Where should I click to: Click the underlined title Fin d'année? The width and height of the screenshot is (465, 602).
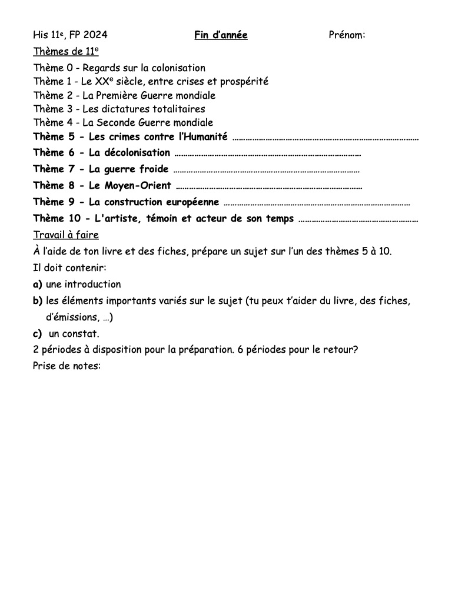point(221,36)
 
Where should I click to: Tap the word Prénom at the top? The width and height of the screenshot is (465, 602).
point(346,36)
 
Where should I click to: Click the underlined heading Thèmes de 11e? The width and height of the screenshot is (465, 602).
point(65,52)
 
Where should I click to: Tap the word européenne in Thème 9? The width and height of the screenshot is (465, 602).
point(188,202)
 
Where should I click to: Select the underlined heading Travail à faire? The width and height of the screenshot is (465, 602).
point(66,235)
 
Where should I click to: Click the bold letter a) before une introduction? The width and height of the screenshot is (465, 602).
point(38,285)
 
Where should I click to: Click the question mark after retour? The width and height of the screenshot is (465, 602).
point(356,349)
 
